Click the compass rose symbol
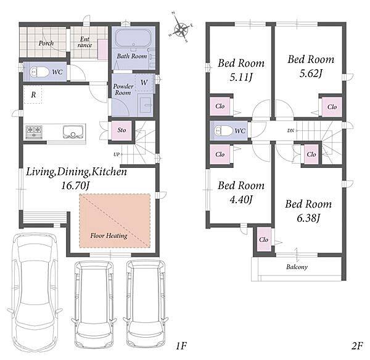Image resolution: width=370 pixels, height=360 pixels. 181,29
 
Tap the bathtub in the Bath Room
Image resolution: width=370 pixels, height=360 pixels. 133,38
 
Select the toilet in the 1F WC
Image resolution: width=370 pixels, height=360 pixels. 39,72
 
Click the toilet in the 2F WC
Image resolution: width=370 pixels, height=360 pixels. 223,131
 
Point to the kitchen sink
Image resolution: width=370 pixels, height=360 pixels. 73,132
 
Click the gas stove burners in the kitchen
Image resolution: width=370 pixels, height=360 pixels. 34,132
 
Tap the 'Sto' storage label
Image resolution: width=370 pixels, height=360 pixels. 121,130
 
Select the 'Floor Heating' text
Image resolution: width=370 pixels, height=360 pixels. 109,235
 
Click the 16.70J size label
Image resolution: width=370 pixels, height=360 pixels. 75,186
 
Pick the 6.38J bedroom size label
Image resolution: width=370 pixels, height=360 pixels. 308,218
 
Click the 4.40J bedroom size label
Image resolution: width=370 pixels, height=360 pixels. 241,199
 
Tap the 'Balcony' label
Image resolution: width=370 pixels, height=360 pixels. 297,267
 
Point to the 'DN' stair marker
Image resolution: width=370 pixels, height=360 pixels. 290,130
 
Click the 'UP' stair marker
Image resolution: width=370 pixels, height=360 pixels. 117,154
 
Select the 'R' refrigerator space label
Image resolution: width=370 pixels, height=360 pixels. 33,95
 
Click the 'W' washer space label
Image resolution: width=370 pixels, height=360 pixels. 144,83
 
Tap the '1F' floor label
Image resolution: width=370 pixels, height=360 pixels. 181,346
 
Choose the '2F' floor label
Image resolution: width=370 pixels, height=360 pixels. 357,346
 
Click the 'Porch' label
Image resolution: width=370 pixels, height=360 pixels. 46,43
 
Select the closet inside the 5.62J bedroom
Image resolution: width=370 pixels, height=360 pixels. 332,107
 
